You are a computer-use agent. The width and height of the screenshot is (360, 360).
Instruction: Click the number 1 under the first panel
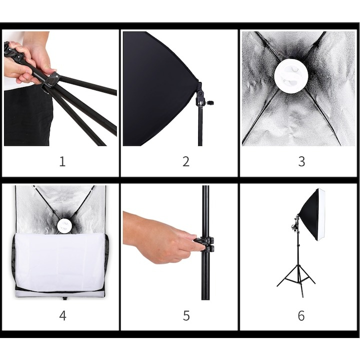point(62,161)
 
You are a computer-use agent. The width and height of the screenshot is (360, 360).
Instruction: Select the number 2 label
point(186,161)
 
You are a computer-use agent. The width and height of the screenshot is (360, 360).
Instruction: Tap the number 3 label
point(301,161)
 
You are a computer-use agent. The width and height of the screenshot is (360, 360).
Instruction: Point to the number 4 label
point(62,315)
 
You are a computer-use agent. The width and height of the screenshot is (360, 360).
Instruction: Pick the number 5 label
point(186,315)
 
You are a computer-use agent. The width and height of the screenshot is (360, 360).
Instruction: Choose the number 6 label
point(301,315)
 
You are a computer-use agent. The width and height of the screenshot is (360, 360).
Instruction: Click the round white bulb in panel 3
point(289,76)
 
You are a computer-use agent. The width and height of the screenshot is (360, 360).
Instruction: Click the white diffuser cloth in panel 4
point(60,261)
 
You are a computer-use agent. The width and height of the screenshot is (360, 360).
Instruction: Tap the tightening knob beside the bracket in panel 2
point(210,101)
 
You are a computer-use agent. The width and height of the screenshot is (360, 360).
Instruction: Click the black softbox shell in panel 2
point(158,88)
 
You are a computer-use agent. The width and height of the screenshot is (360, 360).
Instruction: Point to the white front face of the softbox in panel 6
point(321,214)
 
